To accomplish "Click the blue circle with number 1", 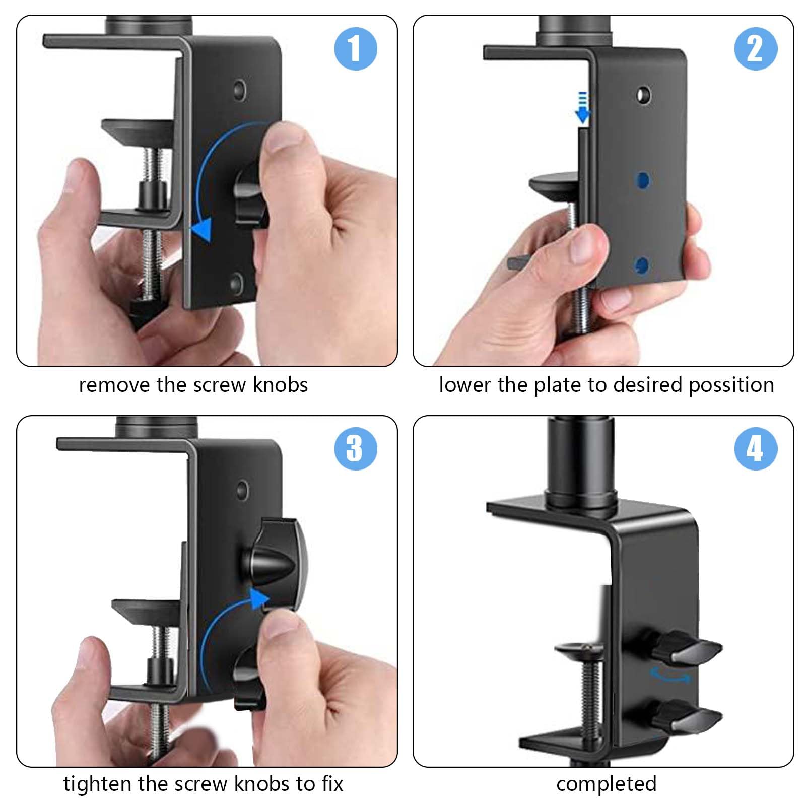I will [356, 49].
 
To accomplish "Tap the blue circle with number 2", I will [755, 49].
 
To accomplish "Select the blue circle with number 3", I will [356, 448].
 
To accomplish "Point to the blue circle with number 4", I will [755, 448].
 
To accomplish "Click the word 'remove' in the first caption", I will [115, 385].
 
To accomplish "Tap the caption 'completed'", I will [606, 784].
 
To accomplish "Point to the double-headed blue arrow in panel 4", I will [670, 675].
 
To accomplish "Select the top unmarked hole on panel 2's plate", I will [643, 95].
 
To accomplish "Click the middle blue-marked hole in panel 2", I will [643, 180].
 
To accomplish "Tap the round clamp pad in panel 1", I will [139, 131].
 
